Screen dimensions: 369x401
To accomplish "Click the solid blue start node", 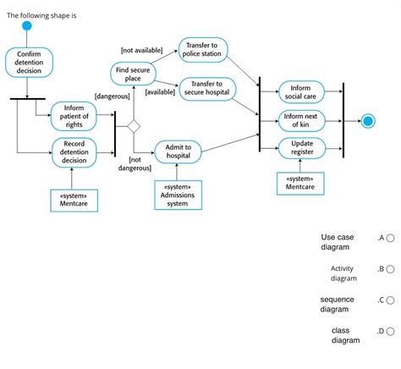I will pyautogui.click(x=27, y=26).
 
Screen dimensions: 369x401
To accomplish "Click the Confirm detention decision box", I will pyautogui.click(x=28, y=62).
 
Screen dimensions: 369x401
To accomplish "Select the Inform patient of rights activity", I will pyautogui.click(x=74, y=115).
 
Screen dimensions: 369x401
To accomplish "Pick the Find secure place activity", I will pyautogui.click(x=133, y=74).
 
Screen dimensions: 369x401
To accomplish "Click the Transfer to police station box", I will pyautogui.click(x=201, y=50).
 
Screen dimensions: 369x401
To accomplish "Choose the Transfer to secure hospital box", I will pyautogui.click(x=206, y=88).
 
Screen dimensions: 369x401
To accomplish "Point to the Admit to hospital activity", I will pyautogui.click(x=178, y=151).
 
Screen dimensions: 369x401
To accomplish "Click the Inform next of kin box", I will pyautogui.click(x=301, y=121).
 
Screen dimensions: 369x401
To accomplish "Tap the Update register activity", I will pyautogui.click(x=302, y=148).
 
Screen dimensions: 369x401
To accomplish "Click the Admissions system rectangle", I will pyautogui.click(x=178, y=194).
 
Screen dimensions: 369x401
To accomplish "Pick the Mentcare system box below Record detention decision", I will pyautogui.click(x=74, y=199).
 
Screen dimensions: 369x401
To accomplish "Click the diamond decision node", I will pyautogui.click(x=133, y=127).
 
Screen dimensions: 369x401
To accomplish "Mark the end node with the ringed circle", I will pyautogui.click(x=367, y=121).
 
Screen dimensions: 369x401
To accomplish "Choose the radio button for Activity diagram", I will pyautogui.click(x=390, y=269).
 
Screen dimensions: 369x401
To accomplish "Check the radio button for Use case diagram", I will pyautogui.click(x=390, y=239).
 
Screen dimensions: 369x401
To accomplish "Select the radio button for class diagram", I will pyautogui.click(x=390, y=332).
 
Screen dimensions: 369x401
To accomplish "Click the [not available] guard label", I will pyautogui.click(x=141, y=51).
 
